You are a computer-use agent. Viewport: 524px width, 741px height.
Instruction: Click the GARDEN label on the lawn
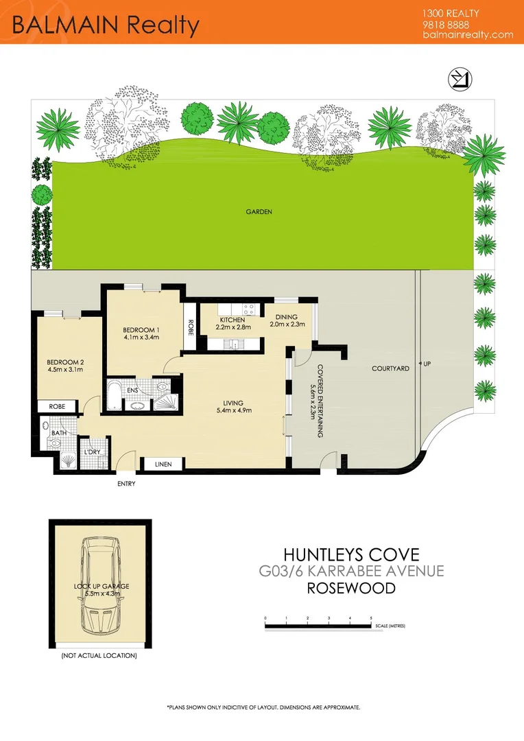click(259, 212)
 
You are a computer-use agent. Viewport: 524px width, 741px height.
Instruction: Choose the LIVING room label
click(234, 403)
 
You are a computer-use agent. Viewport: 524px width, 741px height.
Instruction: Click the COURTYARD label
click(390, 368)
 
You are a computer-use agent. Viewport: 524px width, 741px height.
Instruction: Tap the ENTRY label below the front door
click(126, 484)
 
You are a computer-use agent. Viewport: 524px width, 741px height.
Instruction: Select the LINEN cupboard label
click(163, 464)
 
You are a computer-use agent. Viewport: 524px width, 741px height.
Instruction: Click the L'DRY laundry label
click(92, 452)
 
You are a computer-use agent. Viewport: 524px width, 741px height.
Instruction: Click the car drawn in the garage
click(102, 587)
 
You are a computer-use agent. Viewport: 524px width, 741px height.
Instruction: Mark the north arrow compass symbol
click(457, 80)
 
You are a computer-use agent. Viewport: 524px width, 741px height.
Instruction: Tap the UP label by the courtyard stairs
click(428, 363)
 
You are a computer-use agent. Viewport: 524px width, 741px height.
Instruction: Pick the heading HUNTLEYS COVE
click(350, 554)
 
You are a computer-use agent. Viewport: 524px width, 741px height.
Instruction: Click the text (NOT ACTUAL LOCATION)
click(99, 656)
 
